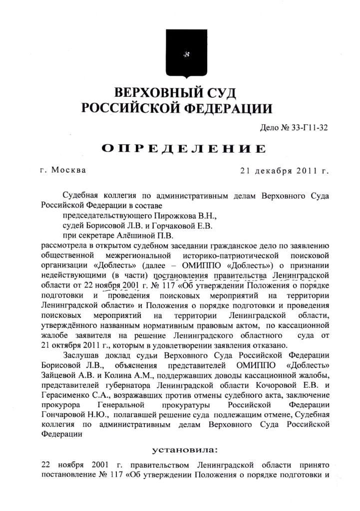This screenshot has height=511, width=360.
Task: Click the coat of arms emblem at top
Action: pyautogui.click(x=180, y=55)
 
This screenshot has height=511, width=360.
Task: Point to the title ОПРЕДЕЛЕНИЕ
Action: pyautogui.click(x=183, y=148)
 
